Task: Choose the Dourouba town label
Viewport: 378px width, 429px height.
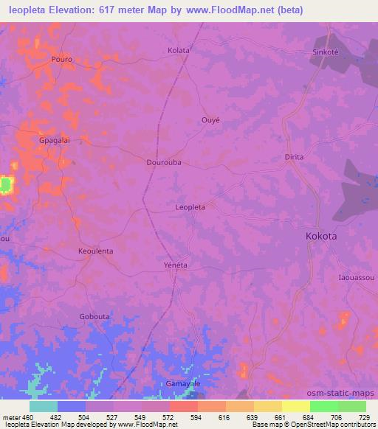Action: tap(164, 161)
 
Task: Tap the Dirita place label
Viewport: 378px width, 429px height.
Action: tap(295, 158)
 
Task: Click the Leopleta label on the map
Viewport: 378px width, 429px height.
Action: tap(190, 208)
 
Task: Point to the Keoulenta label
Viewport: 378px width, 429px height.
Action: tap(95, 251)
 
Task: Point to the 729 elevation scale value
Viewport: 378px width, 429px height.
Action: tap(362, 416)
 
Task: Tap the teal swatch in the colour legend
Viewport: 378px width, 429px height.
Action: tap(44, 405)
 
